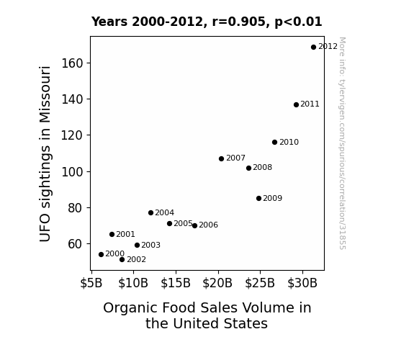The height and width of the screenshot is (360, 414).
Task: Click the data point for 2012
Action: point(313,48)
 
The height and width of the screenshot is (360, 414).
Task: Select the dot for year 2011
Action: point(296,105)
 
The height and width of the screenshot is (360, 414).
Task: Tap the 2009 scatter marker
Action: point(258,198)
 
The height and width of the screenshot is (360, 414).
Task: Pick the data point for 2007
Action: point(221,158)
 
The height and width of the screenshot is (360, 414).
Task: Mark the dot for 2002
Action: point(122,260)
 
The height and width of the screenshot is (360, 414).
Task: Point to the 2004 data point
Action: point(150,212)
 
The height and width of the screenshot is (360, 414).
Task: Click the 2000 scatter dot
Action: point(101,254)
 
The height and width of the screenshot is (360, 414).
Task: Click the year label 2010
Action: point(289,142)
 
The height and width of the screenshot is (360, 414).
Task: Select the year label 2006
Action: point(209,225)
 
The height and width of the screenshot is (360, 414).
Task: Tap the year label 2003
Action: point(150,245)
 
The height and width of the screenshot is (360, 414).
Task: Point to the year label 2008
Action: point(263,168)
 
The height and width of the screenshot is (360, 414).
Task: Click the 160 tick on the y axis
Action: point(72,63)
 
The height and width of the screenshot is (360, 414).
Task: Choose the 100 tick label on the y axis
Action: point(72,172)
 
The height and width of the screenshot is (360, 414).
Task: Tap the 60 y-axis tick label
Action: point(76,244)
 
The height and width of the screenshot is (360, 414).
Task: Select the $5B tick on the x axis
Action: point(91,283)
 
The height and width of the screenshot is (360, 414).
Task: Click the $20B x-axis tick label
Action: point(217,283)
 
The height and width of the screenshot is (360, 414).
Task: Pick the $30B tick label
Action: point(302,283)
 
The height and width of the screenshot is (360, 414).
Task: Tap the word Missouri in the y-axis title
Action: point(45,95)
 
